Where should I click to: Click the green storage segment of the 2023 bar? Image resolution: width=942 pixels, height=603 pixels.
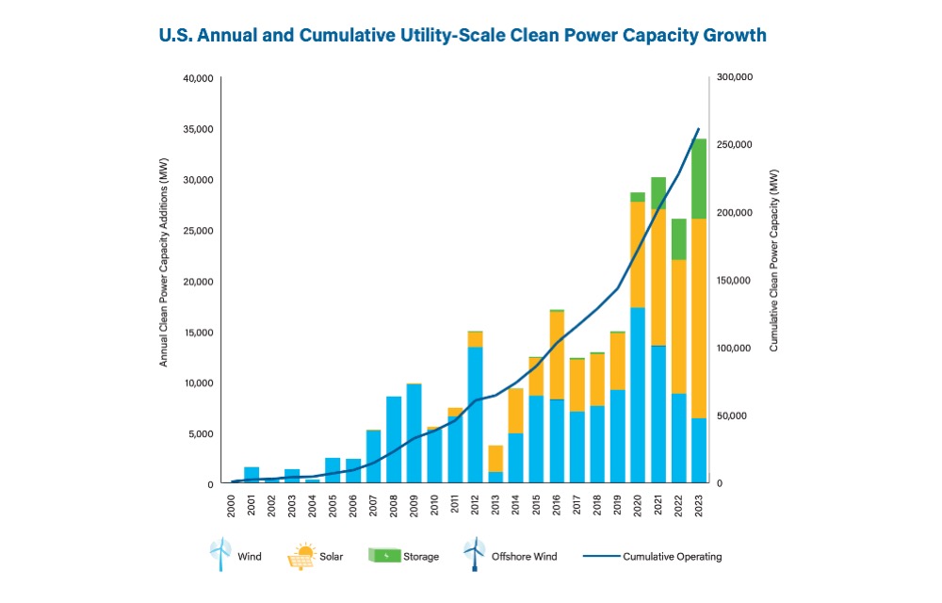click(x=699, y=179)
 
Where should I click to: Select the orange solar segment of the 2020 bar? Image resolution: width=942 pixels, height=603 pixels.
click(x=638, y=254)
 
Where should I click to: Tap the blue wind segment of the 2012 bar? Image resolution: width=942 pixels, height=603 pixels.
click(x=475, y=415)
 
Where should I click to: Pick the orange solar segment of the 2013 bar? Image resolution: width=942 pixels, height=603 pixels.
click(x=495, y=459)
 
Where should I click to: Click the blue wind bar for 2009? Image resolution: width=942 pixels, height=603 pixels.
click(x=414, y=433)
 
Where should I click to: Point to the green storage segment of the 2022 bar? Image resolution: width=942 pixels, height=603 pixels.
click(x=679, y=239)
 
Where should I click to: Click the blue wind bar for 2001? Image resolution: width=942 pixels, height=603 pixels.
click(x=252, y=475)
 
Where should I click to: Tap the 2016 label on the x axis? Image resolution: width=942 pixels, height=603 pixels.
click(x=557, y=505)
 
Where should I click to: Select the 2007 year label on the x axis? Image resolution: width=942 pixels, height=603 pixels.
click(x=374, y=505)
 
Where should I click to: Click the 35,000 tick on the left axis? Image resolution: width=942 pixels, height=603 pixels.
click(x=198, y=129)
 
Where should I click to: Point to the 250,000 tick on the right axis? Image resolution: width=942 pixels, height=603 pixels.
click(x=734, y=145)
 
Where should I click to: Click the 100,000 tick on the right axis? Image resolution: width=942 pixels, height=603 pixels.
click(x=734, y=349)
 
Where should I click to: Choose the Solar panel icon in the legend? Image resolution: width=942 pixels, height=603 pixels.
click(x=301, y=556)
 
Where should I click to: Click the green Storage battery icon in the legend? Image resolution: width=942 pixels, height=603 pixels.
click(x=384, y=556)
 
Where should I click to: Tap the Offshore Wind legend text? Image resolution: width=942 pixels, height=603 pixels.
click(x=524, y=557)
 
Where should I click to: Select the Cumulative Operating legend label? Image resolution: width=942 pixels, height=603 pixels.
click(x=673, y=557)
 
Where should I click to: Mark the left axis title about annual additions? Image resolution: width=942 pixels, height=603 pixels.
click(x=163, y=263)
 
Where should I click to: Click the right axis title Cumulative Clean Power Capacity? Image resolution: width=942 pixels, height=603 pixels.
click(x=773, y=260)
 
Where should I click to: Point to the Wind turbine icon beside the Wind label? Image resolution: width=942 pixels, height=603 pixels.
click(x=220, y=554)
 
